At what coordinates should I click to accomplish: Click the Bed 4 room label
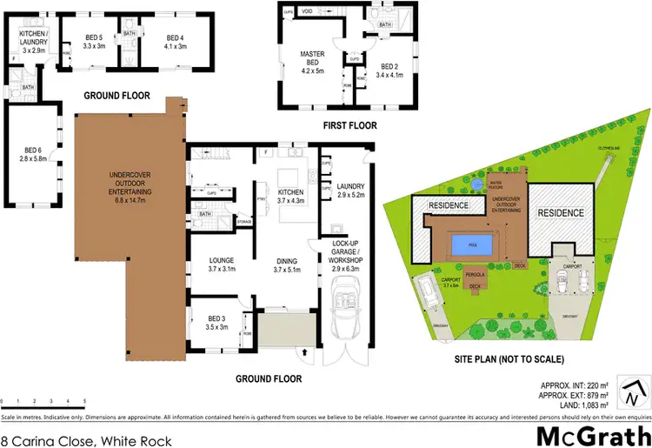pos(176,42)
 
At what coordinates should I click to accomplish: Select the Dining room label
pos(287,263)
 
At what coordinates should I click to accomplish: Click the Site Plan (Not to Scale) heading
pos(509,358)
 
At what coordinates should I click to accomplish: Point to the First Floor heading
pos(349,126)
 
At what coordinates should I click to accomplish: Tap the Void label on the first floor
pos(308,11)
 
